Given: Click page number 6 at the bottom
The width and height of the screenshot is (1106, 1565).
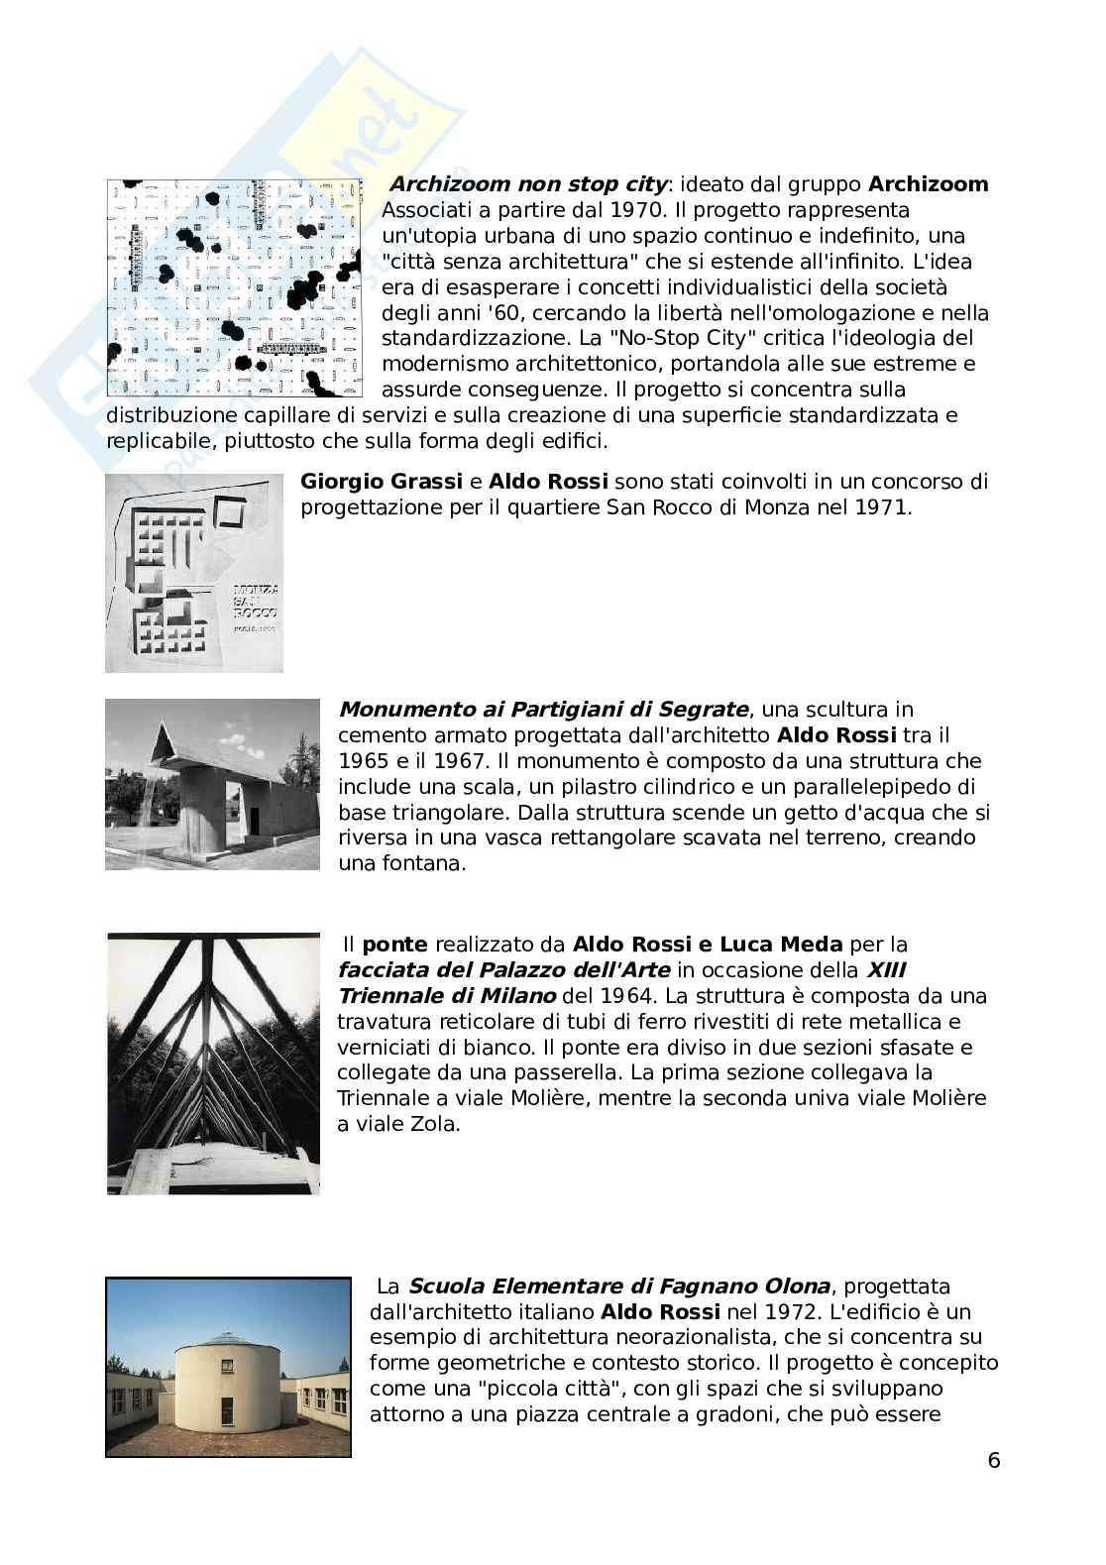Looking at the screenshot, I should point(994,1461).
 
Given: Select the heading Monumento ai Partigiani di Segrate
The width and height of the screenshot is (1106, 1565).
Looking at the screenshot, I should point(543,710).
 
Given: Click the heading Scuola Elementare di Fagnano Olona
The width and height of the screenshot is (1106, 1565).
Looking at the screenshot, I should point(618,1286).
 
